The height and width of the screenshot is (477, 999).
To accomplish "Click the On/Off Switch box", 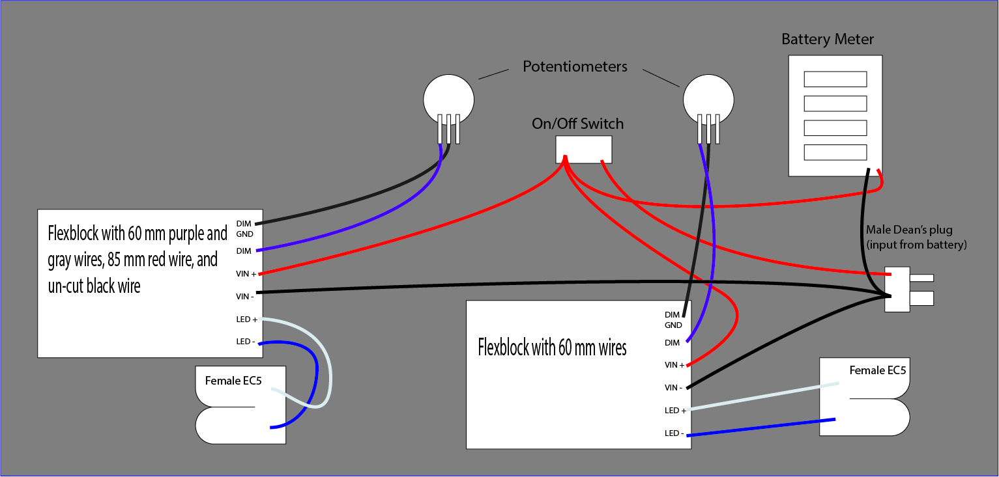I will (x=583, y=149).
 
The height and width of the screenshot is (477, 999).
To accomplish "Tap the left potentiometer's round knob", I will (x=448, y=98).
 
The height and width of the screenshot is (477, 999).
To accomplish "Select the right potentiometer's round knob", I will (x=708, y=98).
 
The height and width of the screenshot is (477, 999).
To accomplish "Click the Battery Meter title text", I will (x=828, y=40).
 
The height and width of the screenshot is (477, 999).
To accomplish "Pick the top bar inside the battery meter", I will (x=835, y=79).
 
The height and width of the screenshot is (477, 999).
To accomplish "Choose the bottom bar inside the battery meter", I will (x=835, y=152).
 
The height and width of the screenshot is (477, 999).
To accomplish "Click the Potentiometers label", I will (x=575, y=66).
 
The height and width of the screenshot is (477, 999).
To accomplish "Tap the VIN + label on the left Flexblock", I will (x=246, y=274).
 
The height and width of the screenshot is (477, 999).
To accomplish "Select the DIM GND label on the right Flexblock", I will (x=673, y=320).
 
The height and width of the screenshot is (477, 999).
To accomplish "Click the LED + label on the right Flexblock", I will (x=675, y=410).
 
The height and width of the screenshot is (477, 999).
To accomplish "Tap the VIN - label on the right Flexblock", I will (x=674, y=387).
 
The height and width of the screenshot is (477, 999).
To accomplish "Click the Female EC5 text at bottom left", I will (x=233, y=381).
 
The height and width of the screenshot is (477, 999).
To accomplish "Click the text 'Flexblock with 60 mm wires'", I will (x=552, y=348).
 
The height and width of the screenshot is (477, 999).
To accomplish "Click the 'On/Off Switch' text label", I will (x=577, y=124).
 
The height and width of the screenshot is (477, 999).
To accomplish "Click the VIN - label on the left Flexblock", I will (x=246, y=296).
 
